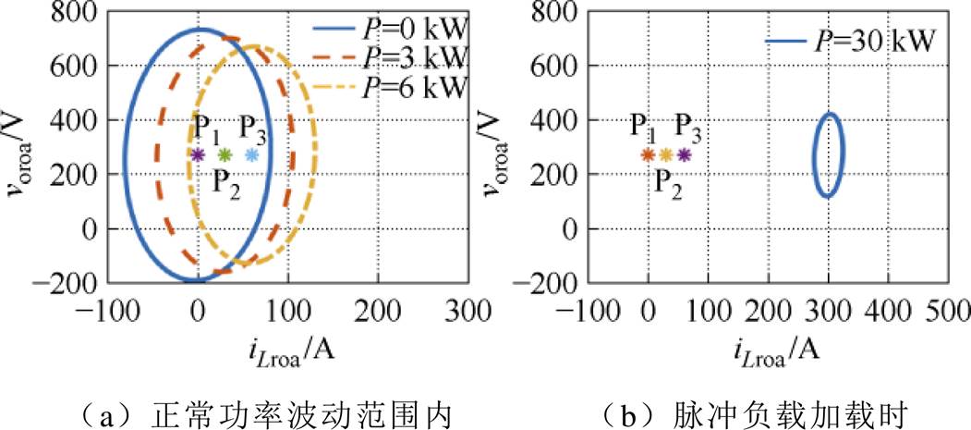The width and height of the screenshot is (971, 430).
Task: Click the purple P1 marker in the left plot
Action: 198,154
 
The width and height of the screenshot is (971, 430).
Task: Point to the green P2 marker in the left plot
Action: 225,154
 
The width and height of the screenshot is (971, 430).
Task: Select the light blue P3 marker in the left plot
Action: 252,154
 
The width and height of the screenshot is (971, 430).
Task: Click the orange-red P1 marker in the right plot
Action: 648,154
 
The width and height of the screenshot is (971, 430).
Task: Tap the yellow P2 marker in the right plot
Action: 666,154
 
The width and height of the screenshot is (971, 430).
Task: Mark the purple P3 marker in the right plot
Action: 684,154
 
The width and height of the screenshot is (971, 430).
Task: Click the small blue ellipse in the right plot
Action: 817,154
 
